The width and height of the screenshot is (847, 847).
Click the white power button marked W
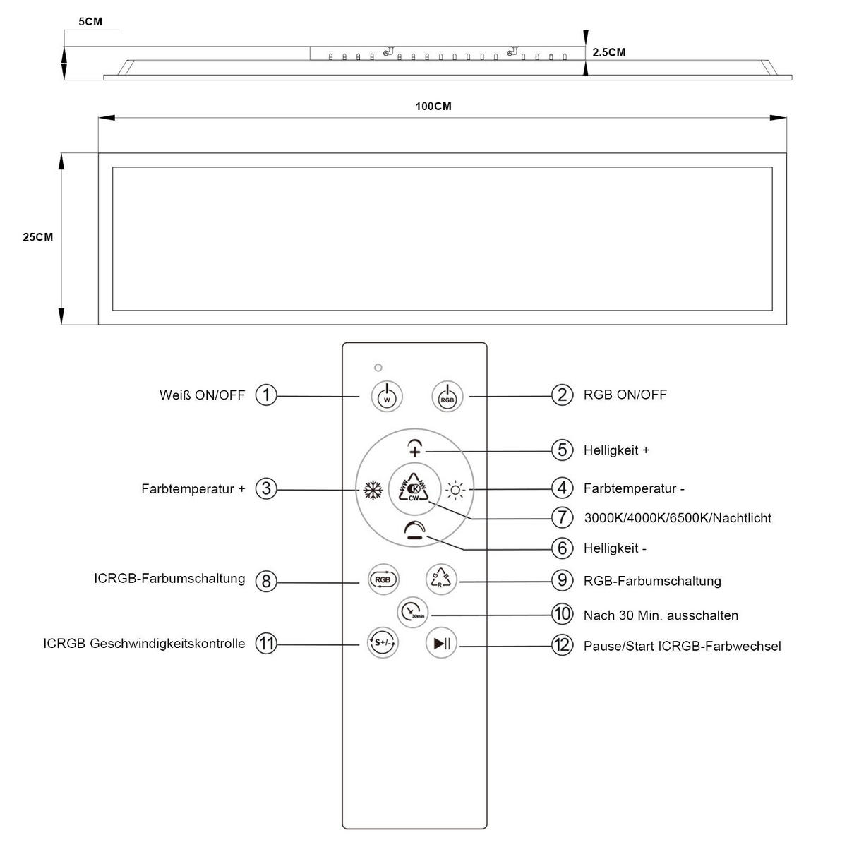pyautogui.click(x=386, y=395)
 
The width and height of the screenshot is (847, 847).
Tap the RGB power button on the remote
pyautogui.click(x=447, y=395)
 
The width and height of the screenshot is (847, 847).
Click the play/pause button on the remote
pyautogui.click(x=443, y=643)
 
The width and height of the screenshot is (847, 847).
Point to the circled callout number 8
pyautogui.click(x=266, y=581)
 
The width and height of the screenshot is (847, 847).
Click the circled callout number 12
pyautogui.click(x=562, y=644)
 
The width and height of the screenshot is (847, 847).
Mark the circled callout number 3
pyautogui.click(x=266, y=488)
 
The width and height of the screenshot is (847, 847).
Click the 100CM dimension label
pyautogui.click(x=433, y=107)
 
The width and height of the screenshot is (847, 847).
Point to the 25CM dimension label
pyautogui.click(x=37, y=237)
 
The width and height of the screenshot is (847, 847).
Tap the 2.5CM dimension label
pyautogui.click(x=608, y=52)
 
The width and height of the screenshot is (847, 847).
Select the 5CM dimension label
pyautogui.click(x=90, y=22)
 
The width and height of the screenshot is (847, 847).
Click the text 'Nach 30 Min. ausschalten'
pyautogui.click(x=661, y=615)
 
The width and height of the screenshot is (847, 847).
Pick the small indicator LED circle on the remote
pyautogui.click(x=378, y=368)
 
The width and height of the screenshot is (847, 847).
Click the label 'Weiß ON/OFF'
pyautogui.click(x=202, y=395)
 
